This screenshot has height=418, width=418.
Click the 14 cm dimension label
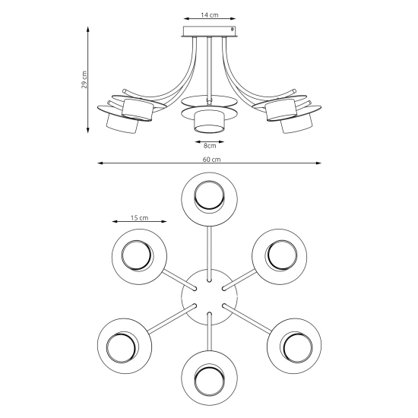[x=210, y=15]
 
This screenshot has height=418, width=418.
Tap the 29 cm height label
[x=84, y=80]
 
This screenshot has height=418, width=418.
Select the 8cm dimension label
[x=210, y=146]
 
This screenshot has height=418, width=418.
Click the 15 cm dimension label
[x=139, y=218]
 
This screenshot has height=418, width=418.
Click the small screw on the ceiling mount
[x=232, y=29]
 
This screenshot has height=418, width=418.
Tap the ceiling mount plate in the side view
[x=210, y=31]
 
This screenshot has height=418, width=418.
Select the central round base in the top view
[x=210, y=297]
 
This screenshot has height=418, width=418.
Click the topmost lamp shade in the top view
[x=209, y=200]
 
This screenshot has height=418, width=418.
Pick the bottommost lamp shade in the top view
[x=210, y=378]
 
